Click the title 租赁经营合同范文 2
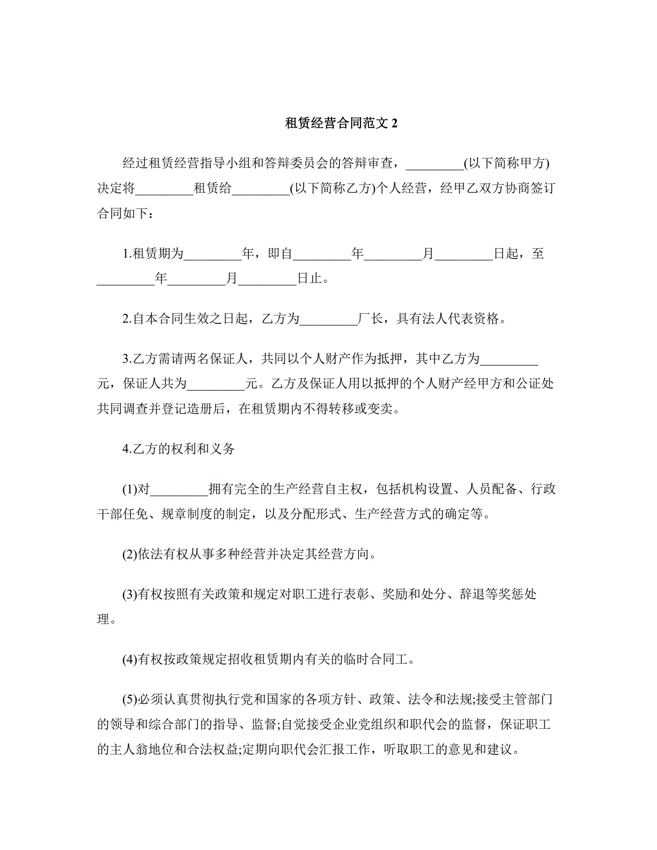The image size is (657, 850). (x=341, y=123)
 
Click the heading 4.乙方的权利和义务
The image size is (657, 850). (x=179, y=449)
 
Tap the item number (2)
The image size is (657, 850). (x=130, y=554)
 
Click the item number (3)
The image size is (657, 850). (x=130, y=594)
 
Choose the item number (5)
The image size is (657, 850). (x=130, y=699)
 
